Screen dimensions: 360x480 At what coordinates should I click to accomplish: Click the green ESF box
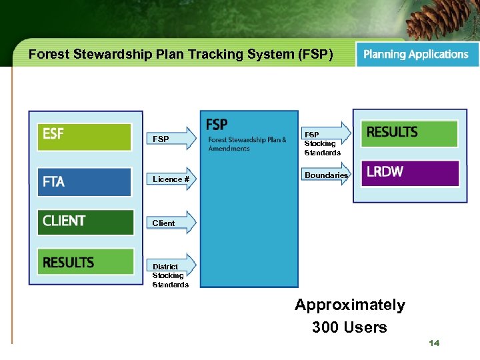click(84, 136)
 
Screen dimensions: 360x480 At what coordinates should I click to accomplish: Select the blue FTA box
click(84, 181)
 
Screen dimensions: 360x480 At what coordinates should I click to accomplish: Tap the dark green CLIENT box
click(85, 221)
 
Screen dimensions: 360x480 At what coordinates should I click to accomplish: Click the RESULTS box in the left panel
click(85, 263)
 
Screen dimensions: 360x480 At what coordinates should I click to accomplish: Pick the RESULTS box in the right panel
click(409, 133)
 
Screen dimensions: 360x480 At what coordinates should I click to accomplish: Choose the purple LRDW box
click(409, 173)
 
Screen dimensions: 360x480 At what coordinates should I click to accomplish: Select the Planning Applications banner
click(417, 55)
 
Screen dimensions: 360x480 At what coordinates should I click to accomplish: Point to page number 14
click(434, 343)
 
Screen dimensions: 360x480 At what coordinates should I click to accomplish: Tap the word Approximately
click(350, 305)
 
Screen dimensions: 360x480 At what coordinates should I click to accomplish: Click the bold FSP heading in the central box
click(217, 125)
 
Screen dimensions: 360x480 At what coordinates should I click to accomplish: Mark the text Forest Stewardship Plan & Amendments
click(247, 144)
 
